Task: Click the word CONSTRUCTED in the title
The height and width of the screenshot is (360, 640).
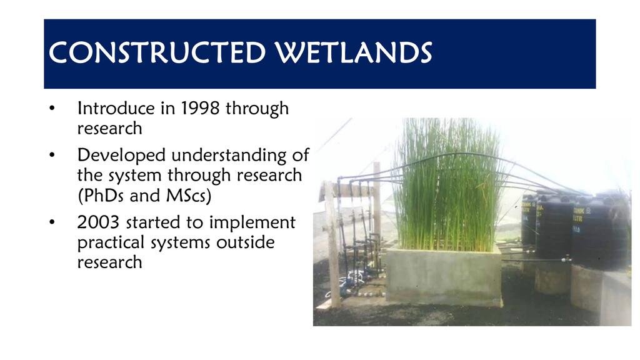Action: [157, 52]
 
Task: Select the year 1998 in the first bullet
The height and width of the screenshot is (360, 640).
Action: [200, 108]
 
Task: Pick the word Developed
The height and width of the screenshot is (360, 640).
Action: [121, 156]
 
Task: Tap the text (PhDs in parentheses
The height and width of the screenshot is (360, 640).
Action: [101, 196]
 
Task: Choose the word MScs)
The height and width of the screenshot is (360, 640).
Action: [189, 196]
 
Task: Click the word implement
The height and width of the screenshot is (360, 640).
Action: [252, 223]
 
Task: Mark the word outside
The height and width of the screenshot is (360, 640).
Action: [245, 242]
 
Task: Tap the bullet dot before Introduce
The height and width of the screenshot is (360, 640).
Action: [52, 109]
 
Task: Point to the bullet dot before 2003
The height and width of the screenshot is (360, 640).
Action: [52, 222]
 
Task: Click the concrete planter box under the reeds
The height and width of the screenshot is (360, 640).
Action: [444, 276]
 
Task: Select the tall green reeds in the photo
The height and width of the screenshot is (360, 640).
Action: [447, 184]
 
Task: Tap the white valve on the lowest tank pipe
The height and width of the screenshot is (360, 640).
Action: [566, 259]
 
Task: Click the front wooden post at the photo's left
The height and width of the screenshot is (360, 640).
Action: [332, 245]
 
